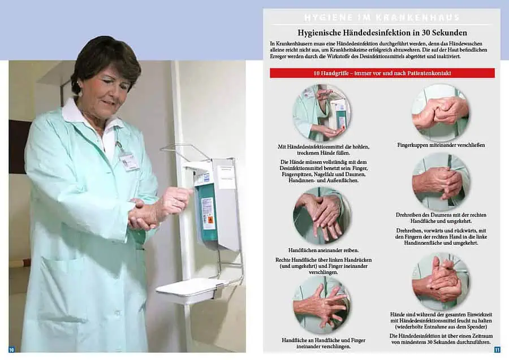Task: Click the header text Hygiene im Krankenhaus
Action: pyautogui.click(x=382, y=18)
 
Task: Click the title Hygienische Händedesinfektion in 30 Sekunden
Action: pyautogui.click(x=382, y=33)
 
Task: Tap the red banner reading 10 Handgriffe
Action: pyautogui.click(x=382, y=73)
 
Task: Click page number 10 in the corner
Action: pyautogui.click(x=11, y=349)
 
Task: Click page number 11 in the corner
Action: pyautogui.click(x=497, y=349)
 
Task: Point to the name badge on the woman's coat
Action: pyautogui.click(x=129, y=162)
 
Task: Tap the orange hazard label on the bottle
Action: pyautogui.click(x=208, y=219)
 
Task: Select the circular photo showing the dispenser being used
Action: pyautogui.click(x=321, y=112)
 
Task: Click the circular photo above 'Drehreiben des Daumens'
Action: pyautogui.click(x=441, y=181)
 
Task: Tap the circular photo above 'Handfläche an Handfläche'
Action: pyautogui.click(x=321, y=305)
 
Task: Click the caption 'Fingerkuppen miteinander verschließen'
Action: pyautogui.click(x=441, y=145)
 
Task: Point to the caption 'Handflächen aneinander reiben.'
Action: pyautogui.click(x=323, y=250)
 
